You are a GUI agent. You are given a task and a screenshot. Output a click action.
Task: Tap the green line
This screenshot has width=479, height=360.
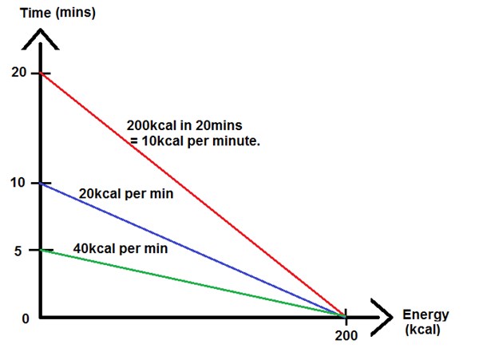point(192,283)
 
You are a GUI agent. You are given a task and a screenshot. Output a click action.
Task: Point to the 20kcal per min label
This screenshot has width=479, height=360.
point(126,193)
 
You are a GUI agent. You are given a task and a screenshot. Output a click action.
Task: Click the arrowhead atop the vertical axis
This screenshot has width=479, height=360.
point(41,36)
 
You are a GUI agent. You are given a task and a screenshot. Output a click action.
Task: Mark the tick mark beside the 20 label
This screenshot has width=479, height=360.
point(41,73)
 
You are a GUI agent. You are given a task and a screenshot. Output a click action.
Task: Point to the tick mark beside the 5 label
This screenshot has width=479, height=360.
point(41,250)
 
